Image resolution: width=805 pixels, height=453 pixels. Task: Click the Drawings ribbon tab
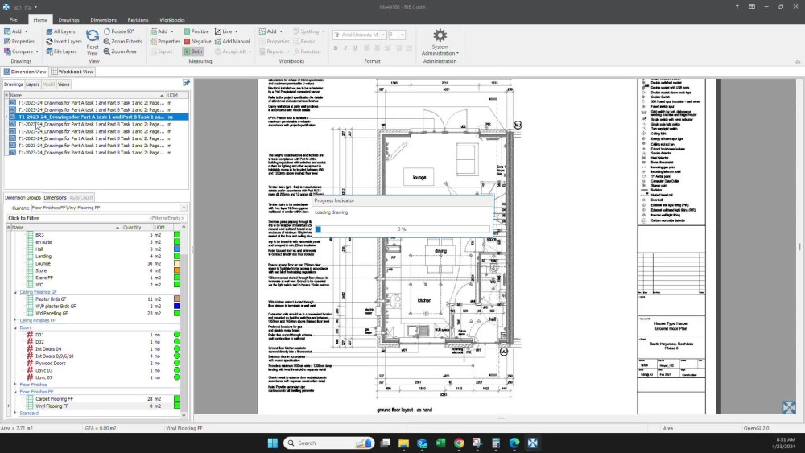(69, 19)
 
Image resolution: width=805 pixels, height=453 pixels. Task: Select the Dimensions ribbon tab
(103, 19)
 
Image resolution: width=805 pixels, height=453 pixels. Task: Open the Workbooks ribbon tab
(172, 19)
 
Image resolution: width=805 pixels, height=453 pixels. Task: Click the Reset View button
(93, 42)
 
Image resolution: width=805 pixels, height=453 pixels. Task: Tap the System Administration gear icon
(440, 35)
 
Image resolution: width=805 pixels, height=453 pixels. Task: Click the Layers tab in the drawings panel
(33, 84)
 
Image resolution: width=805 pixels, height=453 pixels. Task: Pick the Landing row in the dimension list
(43, 257)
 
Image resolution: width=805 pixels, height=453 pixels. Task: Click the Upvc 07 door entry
(44, 377)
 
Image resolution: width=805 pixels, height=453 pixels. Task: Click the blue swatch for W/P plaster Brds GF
(177, 306)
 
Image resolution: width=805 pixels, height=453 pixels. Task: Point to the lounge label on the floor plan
(419, 177)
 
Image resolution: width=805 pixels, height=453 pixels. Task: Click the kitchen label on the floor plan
(424, 300)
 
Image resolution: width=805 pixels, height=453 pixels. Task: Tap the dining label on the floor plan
(440, 251)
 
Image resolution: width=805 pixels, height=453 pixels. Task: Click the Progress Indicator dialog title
(334, 200)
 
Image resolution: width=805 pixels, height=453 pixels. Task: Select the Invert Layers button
(64, 41)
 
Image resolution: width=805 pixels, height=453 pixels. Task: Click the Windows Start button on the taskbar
(272, 443)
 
